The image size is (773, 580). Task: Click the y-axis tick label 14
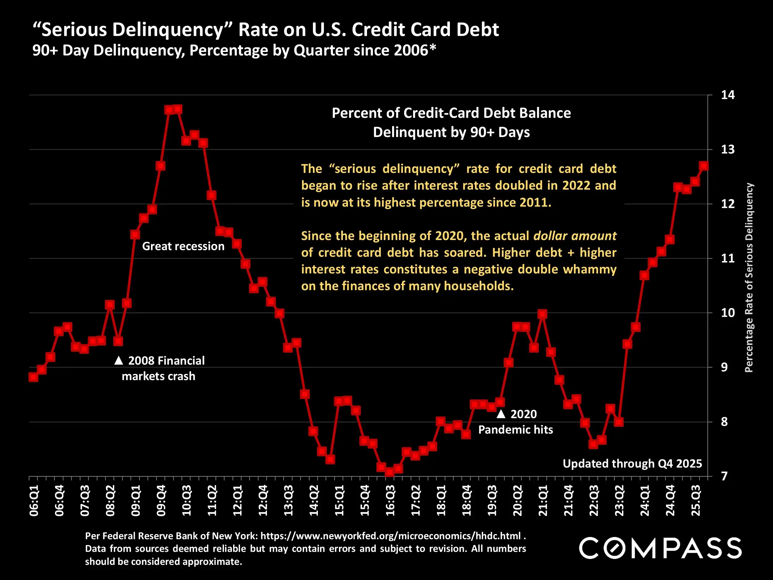[x=728, y=95]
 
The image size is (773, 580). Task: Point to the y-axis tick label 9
[x=724, y=367]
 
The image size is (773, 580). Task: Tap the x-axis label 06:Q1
[x=34, y=500]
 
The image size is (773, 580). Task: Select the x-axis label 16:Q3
[x=390, y=500]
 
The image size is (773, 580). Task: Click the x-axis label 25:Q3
[x=696, y=500]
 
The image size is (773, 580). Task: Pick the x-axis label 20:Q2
[x=517, y=500]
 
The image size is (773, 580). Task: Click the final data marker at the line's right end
[x=704, y=166]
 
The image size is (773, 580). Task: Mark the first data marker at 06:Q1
[x=33, y=377]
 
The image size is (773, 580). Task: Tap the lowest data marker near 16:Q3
[x=390, y=472]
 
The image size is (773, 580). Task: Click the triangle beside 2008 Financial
[x=119, y=360]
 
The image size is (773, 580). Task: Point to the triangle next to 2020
[x=501, y=414]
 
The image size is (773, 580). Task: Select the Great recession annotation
[x=183, y=246]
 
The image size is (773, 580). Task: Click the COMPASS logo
[x=660, y=548]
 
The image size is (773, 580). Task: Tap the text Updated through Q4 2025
[x=632, y=464]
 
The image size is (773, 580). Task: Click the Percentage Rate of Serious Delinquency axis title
[x=749, y=278]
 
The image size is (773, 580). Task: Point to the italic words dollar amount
[x=575, y=236]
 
